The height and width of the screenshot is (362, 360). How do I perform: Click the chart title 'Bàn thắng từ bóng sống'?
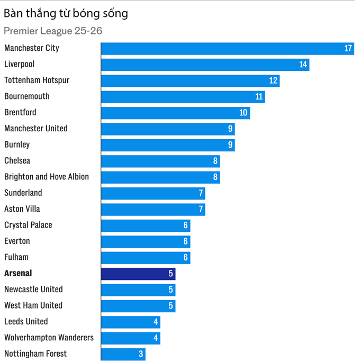tap(66, 14)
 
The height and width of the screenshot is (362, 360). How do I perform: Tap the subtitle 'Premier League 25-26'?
tap(53, 31)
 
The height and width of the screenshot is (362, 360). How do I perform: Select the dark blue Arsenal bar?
tap(138, 274)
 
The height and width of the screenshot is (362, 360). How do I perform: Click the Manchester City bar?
tap(228, 49)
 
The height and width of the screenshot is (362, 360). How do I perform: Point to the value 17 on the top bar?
tap(348, 49)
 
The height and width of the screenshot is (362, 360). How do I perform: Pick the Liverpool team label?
tap(20, 64)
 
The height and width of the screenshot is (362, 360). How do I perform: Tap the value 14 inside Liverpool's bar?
tap(303, 65)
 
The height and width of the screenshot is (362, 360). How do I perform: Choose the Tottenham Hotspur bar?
tap(190, 80)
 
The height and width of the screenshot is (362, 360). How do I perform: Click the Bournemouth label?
tap(27, 96)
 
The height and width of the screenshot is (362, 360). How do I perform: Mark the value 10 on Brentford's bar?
tap(244, 113)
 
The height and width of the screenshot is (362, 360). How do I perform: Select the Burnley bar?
tap(168, 145)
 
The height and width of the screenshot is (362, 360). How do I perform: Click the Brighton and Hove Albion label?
tap(47, 177)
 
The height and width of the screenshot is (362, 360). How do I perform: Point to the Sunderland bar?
tap(153, 193)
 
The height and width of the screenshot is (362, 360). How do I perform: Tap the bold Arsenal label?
tap(18, 274)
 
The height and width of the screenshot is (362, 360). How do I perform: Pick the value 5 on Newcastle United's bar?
tap(170, 290)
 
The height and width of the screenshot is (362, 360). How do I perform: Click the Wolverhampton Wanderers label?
tap(49, 338)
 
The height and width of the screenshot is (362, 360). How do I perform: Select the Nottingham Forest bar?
tap(123, 354)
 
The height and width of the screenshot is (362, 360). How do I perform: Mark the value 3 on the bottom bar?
tap(141, 354)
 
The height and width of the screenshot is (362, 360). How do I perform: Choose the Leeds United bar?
tap(131, 322)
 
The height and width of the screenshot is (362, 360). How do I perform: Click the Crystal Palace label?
tap(28, 225)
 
